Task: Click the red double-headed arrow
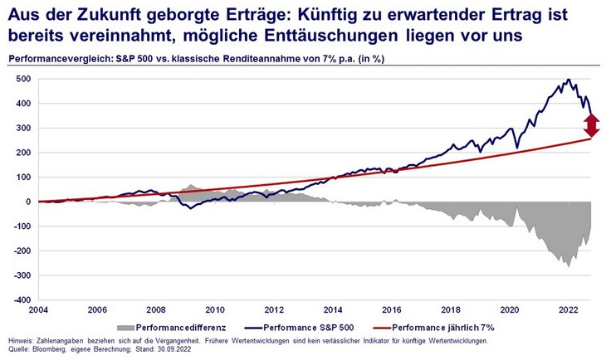[x=591, y=125]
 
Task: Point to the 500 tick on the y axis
[x=23, y=80]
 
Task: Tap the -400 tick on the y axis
[x=21, y=299]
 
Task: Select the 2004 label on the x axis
[x=39, y=310]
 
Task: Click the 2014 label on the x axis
[x=333, y=310]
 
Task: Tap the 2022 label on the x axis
[x=569, y=310]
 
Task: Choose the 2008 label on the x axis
[x=156, y=310]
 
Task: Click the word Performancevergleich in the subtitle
[x=63, y=58]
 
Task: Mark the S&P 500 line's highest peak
[x=568, y=80]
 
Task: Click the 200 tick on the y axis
[x=23, y=153]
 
